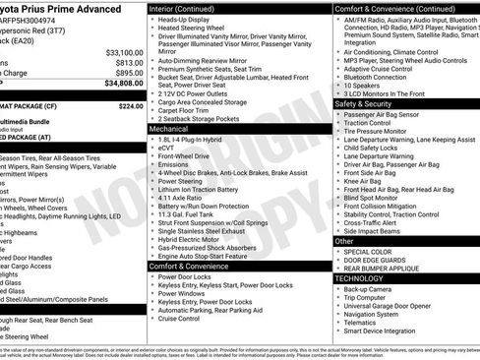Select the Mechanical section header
(170, 128)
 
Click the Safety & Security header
(365, 103)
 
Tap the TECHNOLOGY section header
(360, 278)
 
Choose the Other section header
(344, 240)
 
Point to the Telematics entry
(363, 322)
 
